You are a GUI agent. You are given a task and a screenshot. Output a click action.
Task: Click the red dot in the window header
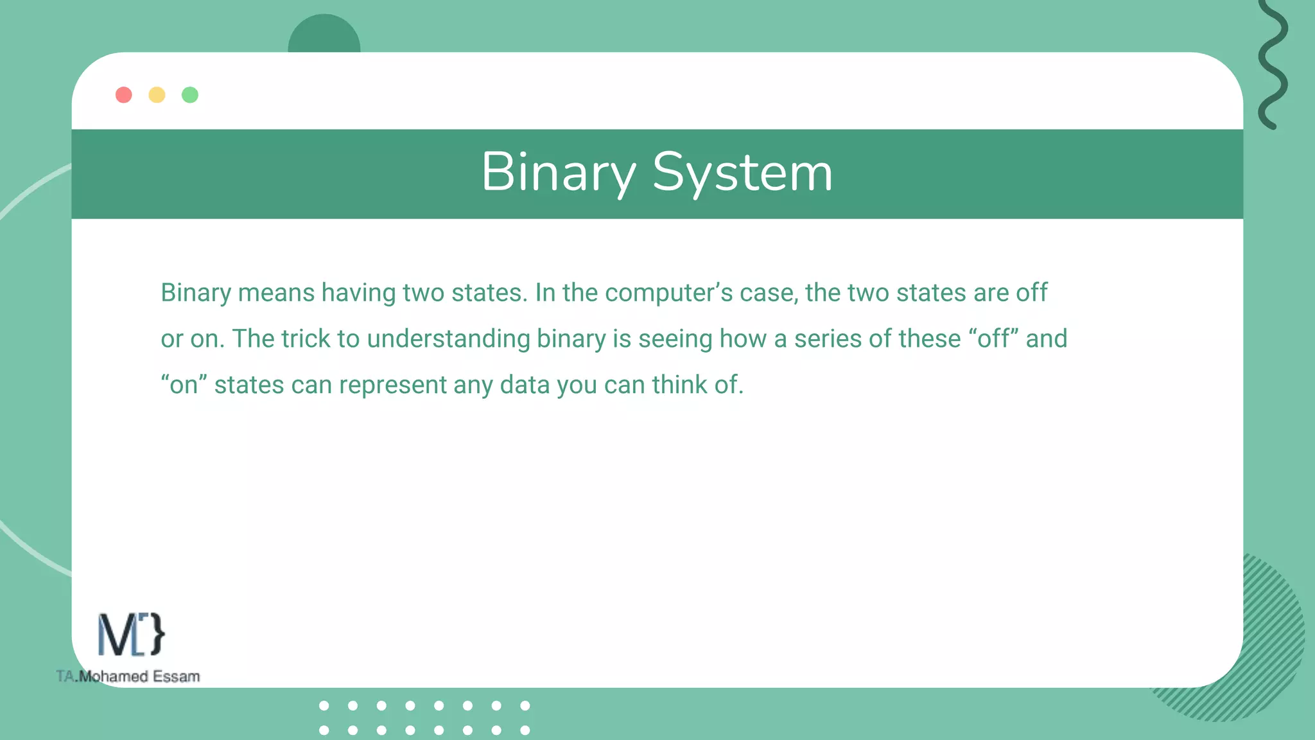124,95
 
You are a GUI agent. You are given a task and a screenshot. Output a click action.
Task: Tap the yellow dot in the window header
157,95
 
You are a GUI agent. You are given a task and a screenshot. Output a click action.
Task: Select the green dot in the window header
190,95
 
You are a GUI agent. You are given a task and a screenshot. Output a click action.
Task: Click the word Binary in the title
558,172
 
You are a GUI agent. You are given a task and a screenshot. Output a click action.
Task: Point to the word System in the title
742,172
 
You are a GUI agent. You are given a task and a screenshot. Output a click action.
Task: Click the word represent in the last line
392,385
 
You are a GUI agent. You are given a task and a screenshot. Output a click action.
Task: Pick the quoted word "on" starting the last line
184,385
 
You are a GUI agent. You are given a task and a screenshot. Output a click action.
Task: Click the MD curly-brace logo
131,635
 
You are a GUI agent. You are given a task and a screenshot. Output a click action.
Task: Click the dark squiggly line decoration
1273,64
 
